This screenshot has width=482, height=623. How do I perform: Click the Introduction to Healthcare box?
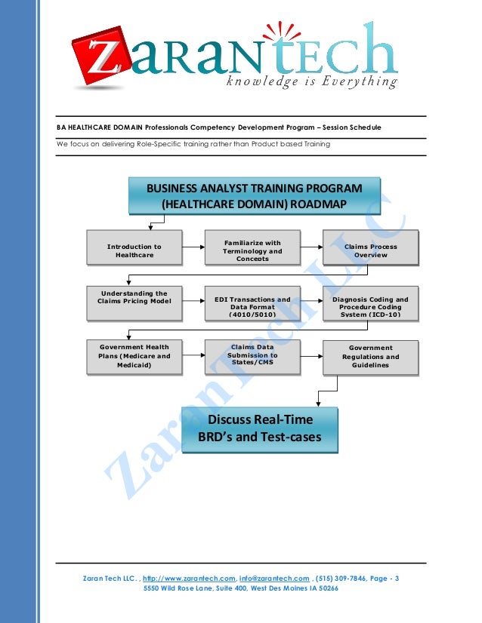[134, 250]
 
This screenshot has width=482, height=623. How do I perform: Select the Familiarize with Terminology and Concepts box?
[252, 250]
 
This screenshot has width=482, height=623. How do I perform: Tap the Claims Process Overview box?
[370, 250]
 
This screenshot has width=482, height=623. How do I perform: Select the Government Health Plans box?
[134, 356]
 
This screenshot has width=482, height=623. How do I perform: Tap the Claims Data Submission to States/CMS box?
[252, 355]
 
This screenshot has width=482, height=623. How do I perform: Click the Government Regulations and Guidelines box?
[370, 357]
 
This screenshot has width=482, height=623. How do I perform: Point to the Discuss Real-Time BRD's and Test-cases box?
[259, 428]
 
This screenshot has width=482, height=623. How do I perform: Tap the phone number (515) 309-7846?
[344, 578]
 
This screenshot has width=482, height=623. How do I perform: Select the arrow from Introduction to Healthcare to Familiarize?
[194, 250]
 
